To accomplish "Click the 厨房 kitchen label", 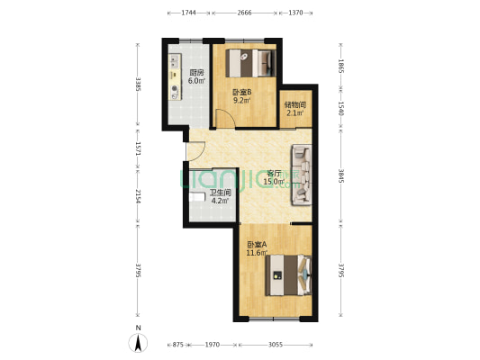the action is coord(196,73).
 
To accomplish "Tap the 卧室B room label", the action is coord(242,92).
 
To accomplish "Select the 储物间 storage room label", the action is coord(295,105).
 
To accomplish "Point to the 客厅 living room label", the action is coord(275,173).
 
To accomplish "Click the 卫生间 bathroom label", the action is coord(220,193).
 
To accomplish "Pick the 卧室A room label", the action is coord(258,245).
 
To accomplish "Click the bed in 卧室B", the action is coord(250,63).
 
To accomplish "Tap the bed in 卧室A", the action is coord(288,275).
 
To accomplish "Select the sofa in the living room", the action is coord(302,175).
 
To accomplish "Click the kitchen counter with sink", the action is coord(175,76).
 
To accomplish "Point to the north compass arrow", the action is coord(139,343).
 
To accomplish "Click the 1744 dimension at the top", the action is coord(189,13).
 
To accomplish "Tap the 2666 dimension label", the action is coord(244,13).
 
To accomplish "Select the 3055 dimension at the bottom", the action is coord(276,345).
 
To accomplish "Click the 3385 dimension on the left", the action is coord(139,84).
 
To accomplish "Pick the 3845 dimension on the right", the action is coord(341,175).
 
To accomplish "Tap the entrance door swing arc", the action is coord(197,151).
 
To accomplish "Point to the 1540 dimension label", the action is coord(341,109).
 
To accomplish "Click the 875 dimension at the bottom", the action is coord(177,345).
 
